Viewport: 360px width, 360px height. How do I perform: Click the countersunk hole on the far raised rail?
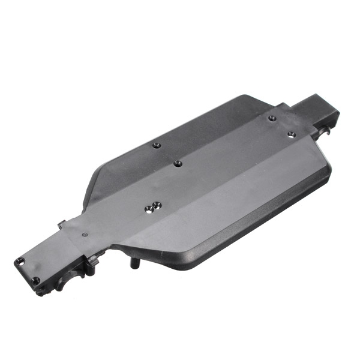coord(156,145)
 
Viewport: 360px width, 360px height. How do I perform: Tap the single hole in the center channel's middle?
coord(178,163)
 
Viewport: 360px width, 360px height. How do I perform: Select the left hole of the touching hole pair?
coord(149,209)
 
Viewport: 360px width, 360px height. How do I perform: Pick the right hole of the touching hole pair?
coord(157,205)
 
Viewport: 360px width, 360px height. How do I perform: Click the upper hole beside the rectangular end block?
coord(272,118)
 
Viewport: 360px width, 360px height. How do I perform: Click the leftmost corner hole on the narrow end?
coord(19,262)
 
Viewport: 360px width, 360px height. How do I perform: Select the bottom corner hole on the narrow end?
coord(36,280)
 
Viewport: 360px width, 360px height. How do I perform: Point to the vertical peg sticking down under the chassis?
coord(133,262)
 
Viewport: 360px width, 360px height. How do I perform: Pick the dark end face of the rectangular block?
coord(331,118)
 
